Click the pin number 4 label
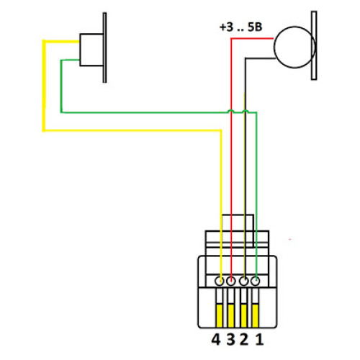(216, 340)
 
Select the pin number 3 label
(230, 340)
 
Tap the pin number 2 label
(244, 340)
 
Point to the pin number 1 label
(259, 340)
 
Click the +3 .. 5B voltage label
(240, 27)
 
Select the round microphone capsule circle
(274, 48)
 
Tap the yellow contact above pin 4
(220, 315)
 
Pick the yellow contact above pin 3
(231, 315)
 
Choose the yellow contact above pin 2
(243, 315)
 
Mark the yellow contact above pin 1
(256, 315)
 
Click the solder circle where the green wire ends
(255, 281)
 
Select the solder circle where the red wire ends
(231, 281)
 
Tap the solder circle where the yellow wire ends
(220, 281)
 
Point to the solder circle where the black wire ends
(244, 281)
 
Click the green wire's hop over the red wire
(231, 110)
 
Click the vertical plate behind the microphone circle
(314, 45)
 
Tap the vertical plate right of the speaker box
(105, 48)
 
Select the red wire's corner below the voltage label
(231, 38)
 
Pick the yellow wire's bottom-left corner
(44, 130)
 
